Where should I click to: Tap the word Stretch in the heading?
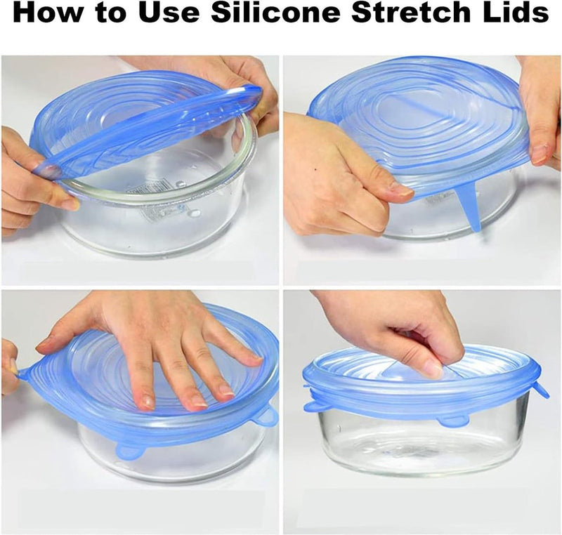412,12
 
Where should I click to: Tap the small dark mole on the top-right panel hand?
315,169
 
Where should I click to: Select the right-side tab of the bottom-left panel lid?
267,417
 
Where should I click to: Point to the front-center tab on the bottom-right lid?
452,421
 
